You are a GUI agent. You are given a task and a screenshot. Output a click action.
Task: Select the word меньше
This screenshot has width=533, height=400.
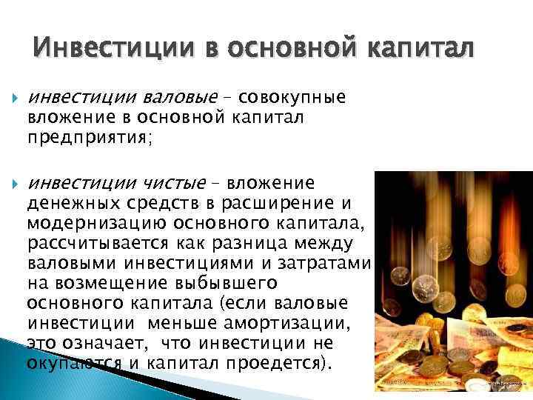coord(177,323)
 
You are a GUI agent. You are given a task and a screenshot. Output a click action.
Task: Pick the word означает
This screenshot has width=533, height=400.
coord(97,343)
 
